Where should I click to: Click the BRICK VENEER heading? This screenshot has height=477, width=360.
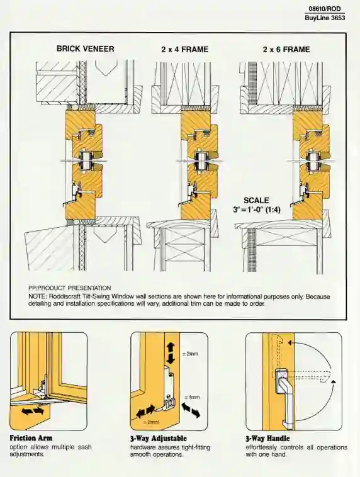(86, 48)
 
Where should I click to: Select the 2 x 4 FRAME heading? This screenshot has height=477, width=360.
(184, 48)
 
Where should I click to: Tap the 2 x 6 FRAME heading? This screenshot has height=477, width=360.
(286, 48)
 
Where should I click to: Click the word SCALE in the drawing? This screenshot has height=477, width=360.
(256, 200)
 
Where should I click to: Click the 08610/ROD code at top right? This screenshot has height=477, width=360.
(327, 9)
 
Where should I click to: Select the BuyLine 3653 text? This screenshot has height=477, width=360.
(325, 18)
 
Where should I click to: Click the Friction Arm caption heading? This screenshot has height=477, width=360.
(31, 438)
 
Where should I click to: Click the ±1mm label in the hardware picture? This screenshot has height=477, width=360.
(192, 398)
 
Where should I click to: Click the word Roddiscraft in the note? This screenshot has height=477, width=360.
(72, 296)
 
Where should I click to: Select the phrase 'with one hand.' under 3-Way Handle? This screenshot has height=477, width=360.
(266, 454)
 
